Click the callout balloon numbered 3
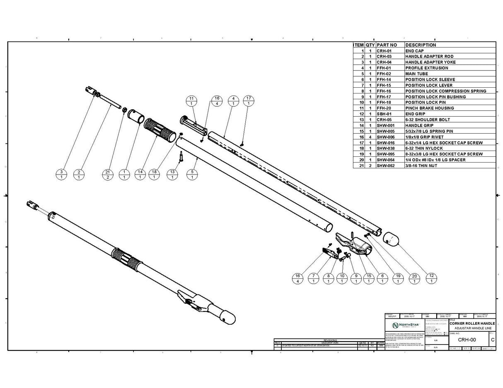coord(61,175)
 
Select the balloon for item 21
coord(108,175)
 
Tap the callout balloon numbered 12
coord(431,278)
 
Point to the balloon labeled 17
coord(248,101)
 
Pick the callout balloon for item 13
coord(172,175)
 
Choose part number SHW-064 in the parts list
coord(385,160)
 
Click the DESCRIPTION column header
coord(421,45)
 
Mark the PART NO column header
coord(387,45)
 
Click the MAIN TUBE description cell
coord(416,74)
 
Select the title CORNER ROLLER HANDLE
coord(472,323)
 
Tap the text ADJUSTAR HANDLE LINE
coord(472,328)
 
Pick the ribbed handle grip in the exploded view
coord(160,130)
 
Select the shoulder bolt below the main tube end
coord(181,157)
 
